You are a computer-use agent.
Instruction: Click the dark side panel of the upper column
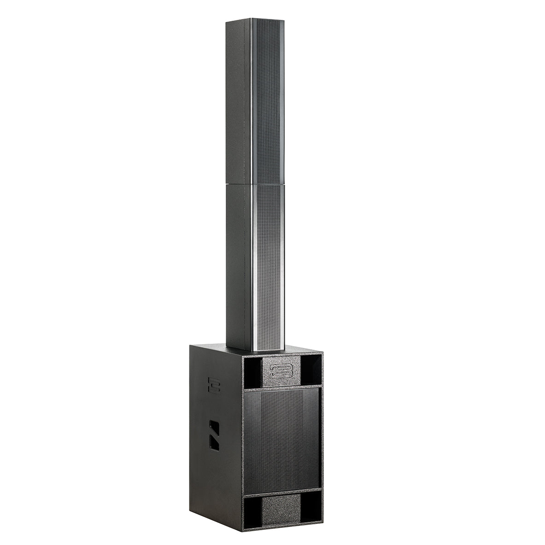pos(238,101)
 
